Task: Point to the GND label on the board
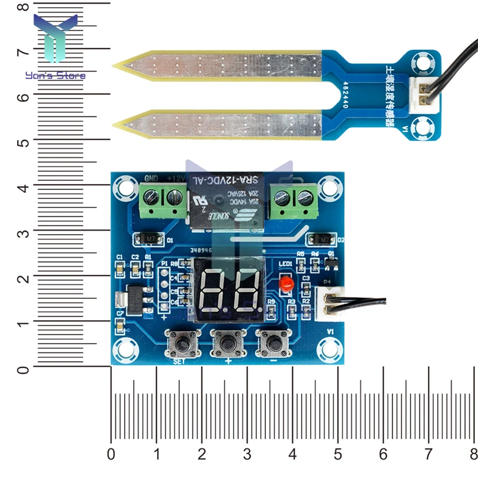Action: tap(151, 178)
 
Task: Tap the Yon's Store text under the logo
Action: tap(55, 75)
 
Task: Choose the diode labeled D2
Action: tap(321, 240)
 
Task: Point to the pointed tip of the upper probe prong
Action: tap(114, 65)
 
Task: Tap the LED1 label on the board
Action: tap(286, 263)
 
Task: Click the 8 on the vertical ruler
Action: tap(23, 8)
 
